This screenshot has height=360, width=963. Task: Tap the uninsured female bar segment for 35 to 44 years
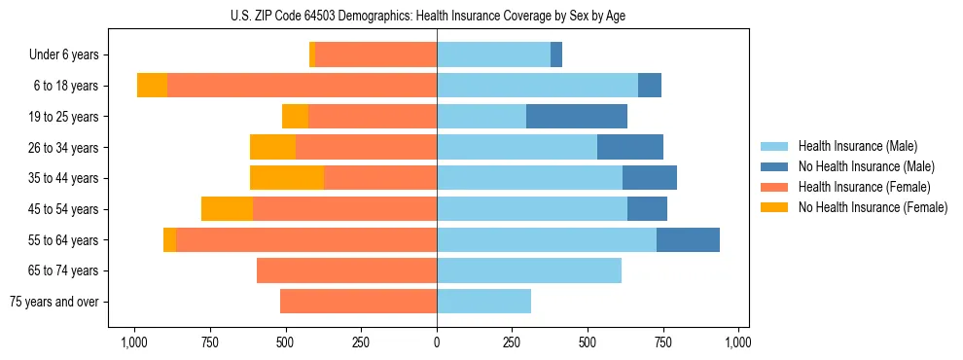[x=287, y=178]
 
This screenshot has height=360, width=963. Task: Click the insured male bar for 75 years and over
[x=483, y=302]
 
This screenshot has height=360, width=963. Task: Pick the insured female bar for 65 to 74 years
[x=346, y=270]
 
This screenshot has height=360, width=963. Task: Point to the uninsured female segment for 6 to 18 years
[x=152, y=86]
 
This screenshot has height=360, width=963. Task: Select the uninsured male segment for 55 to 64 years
[x=688, y=239]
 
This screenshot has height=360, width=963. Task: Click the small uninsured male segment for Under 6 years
[x=556, y=54]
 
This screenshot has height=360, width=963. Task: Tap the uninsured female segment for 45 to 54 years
[x=227, y=209]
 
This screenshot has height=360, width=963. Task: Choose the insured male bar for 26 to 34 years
[x=517, y=147]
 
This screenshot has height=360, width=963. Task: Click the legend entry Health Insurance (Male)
[x=857, y=146]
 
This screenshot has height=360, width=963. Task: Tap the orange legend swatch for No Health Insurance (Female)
[x=774, y=207]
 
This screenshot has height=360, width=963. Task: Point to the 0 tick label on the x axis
[x=437, y=342]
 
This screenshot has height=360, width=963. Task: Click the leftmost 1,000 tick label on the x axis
[x=133, y=342]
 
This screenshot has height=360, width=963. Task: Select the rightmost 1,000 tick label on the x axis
[x=738, y=342]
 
